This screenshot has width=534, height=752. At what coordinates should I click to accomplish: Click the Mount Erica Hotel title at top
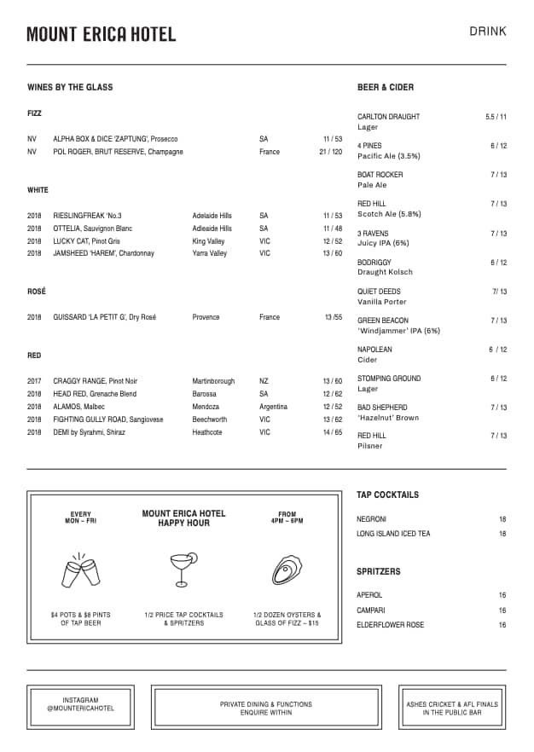point(101,34)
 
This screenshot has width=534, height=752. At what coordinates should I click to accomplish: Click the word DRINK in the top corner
point(487,32)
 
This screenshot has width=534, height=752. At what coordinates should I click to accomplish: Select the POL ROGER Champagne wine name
point(118,152)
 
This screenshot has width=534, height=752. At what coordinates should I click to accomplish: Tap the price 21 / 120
point(330,152)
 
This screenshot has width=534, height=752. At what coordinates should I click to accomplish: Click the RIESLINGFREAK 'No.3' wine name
point(87,216)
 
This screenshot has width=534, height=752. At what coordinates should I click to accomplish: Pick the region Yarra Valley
point(210,253)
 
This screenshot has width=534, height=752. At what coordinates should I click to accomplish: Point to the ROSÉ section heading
point(37,292)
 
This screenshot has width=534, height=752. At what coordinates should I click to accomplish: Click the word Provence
point(206,317)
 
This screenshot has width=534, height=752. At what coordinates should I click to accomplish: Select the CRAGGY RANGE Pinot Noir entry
point(95,381)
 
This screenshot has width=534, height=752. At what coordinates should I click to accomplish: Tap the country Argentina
point(274,407)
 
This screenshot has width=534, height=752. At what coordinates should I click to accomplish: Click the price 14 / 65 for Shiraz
point(332,432)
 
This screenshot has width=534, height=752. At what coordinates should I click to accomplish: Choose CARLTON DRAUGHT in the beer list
point(388,117)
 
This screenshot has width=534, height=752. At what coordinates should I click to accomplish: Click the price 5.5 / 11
point(496,117)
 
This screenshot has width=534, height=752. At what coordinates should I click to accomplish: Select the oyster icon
point(287,569)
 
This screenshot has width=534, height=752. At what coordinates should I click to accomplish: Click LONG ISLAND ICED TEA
point(393,534)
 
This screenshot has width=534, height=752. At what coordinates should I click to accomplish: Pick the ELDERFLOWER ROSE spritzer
point(390,625)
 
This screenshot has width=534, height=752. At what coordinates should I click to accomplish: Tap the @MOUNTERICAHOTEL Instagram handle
point(80,709)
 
